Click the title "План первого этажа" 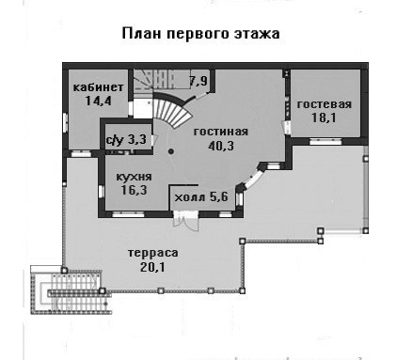(200, 34)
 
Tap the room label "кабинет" (99, 87)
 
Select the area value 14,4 (99, 101)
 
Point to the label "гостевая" (325, 104)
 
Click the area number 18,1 (324, 117)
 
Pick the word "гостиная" (221, 132)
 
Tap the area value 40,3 (221, 146)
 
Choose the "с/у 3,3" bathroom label (126, 140)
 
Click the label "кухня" (134, 177)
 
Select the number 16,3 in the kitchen (134, 190)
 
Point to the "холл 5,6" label (201, 197)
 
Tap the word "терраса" (152, 253)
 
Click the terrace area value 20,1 (152, 267)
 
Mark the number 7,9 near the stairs (198, 82)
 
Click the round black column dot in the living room (171, 151)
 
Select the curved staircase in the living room (173, 110)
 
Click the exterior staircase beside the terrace (71, 292)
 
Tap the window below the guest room (325, 142)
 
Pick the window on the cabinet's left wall (65, 122)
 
